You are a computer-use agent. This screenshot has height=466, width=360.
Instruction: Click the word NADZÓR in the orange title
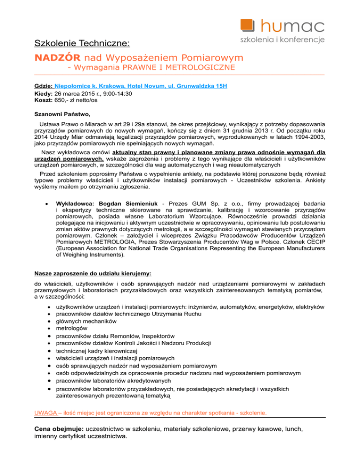click(x=58, y=58)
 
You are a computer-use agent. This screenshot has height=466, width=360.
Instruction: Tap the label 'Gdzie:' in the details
click(x=44, y=87)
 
